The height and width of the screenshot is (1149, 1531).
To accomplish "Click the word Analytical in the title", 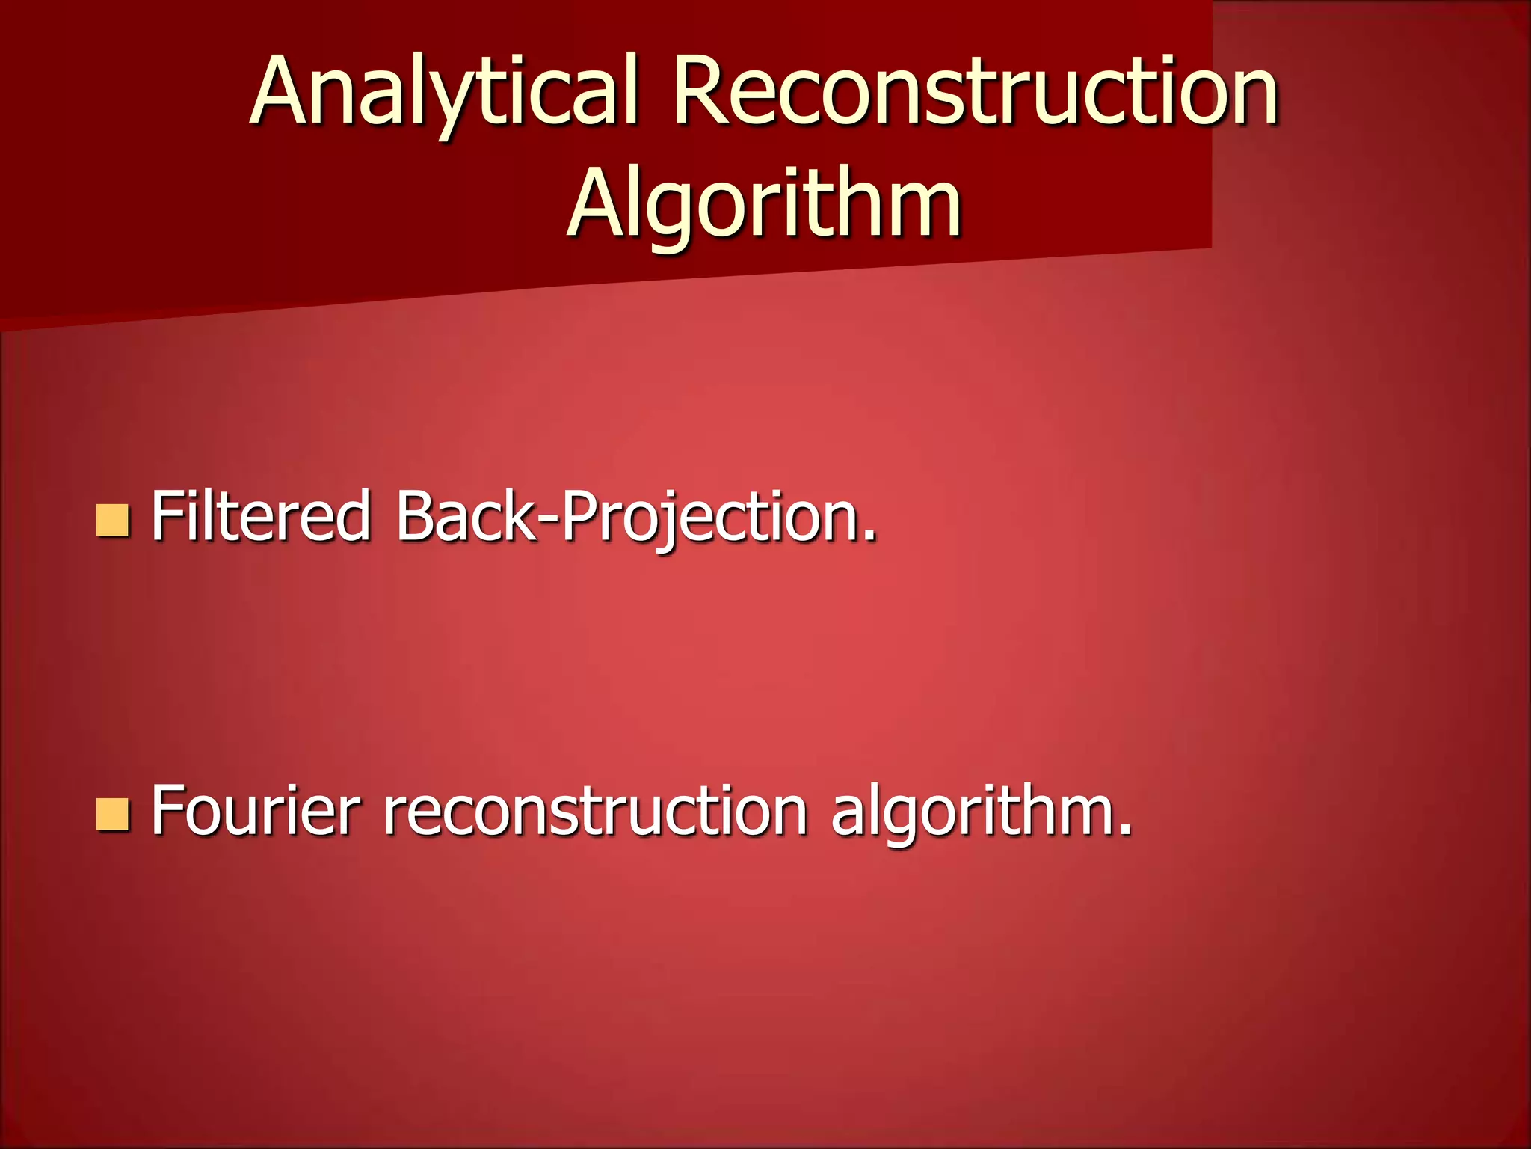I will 444,91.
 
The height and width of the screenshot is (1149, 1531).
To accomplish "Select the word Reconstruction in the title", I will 975,91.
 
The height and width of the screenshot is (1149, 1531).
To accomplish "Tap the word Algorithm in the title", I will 764,203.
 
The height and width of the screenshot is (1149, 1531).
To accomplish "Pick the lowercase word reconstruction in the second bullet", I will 595,811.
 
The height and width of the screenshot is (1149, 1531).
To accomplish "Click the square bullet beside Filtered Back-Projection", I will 113,521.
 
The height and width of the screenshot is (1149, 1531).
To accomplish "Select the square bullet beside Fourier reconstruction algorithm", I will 113,815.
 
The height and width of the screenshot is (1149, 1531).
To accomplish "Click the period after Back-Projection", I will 868,534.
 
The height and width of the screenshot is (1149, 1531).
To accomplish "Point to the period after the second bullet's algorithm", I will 1124,829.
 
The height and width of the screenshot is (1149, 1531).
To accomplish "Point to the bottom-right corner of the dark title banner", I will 1210,247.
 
